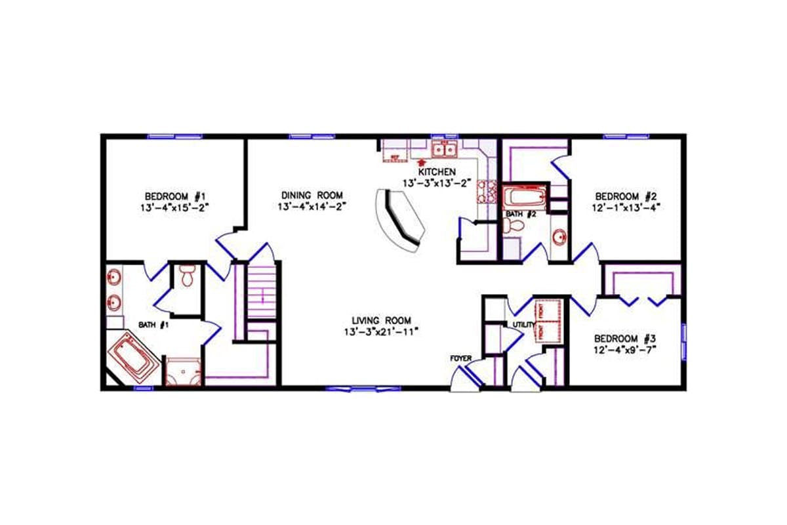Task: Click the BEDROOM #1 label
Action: tap(175, 196)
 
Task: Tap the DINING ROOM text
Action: tap(312, 196)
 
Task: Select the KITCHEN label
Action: tap(437, 171)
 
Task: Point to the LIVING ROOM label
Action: tap(381, 320)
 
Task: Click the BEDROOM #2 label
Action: tap(626, 196)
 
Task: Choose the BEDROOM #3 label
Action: tap(625, 339)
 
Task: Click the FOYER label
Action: tap(461, 358)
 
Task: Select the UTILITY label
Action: tap(524, 325)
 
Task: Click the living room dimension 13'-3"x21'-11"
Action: tap(381, 332)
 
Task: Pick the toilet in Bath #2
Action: tap(514, 226)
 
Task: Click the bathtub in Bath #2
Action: tap(523, 196)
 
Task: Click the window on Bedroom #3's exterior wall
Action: tap(683, 339)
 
